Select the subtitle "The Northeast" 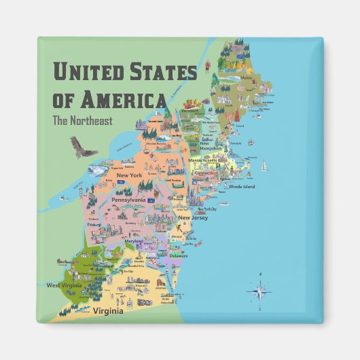click(81, 122)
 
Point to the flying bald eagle click(82, 147)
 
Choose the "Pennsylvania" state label click(129, 200)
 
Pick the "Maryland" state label click(134, 241)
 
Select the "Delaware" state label click(179, 256)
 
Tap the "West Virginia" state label click(64, 286)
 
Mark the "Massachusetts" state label click(204, 161)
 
